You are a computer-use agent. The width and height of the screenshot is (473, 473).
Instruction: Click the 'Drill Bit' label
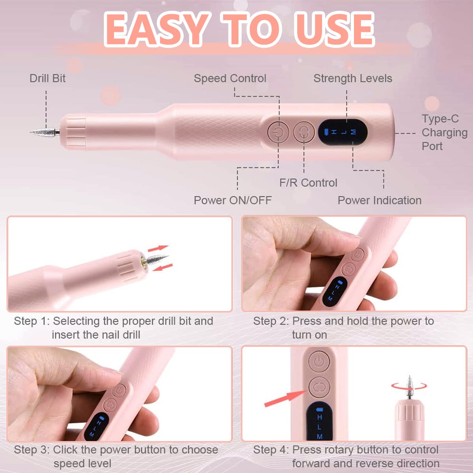tap(47, 78)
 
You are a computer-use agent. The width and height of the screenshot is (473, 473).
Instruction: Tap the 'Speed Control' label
tap(230, 78)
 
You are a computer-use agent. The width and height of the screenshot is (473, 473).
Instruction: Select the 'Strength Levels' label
tap(352, 78)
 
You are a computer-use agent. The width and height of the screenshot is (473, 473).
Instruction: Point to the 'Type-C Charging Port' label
tap(444, 132)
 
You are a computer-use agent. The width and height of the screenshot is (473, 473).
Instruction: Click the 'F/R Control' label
tap(308, 183)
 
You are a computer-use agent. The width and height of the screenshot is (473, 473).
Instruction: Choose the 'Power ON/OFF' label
tap(233, 200)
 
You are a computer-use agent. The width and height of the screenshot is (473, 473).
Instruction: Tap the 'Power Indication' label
tap(379, 200)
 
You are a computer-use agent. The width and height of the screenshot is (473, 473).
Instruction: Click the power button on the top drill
tap(278, 132)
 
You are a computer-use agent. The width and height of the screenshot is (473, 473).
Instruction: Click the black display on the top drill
tap(343, 132)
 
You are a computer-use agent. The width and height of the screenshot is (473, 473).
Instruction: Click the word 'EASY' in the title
tap(155, 30)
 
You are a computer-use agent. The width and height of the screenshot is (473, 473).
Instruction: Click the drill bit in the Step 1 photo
tap(156, 261)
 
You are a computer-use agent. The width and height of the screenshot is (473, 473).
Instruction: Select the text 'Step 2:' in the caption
tap(271, 321)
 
